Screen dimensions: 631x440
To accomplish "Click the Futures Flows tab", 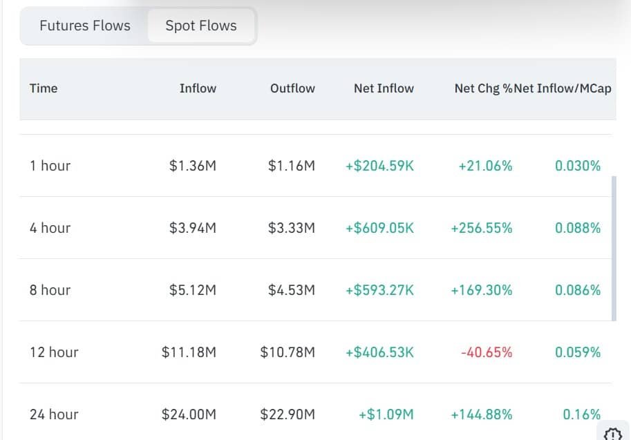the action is click(85, 26).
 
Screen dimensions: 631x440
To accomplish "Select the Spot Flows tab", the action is click(201, 26).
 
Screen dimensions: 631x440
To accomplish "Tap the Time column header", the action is click(44, 88).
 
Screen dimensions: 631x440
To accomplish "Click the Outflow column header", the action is click(292, 88).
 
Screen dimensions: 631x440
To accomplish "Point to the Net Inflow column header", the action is click(384, 88).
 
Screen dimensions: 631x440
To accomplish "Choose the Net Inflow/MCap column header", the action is click(563, 88).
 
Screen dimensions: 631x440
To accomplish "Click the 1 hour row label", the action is click(50, 166).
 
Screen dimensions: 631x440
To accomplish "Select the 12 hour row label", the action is click(54, 352).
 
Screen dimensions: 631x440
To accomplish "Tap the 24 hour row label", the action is click(54, 414).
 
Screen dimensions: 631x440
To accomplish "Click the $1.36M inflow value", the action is click(193, 166).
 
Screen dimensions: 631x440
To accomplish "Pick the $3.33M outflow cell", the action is click(292, 228).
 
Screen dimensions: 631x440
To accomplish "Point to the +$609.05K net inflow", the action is click(379, 228).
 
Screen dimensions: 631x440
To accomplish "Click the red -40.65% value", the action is click(487, 352).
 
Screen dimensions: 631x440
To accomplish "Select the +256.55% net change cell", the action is click(482, 228).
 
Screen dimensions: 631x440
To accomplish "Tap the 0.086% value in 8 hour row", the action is click(578, 290).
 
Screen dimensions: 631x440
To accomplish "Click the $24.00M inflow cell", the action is click(189, 414).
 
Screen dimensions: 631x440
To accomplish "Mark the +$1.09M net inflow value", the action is click(386, 414).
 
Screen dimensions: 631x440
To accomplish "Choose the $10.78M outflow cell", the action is click(288, 352).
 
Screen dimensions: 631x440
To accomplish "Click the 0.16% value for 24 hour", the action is click(581, 414).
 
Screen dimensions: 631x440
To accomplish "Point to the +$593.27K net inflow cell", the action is click(379, 290).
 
